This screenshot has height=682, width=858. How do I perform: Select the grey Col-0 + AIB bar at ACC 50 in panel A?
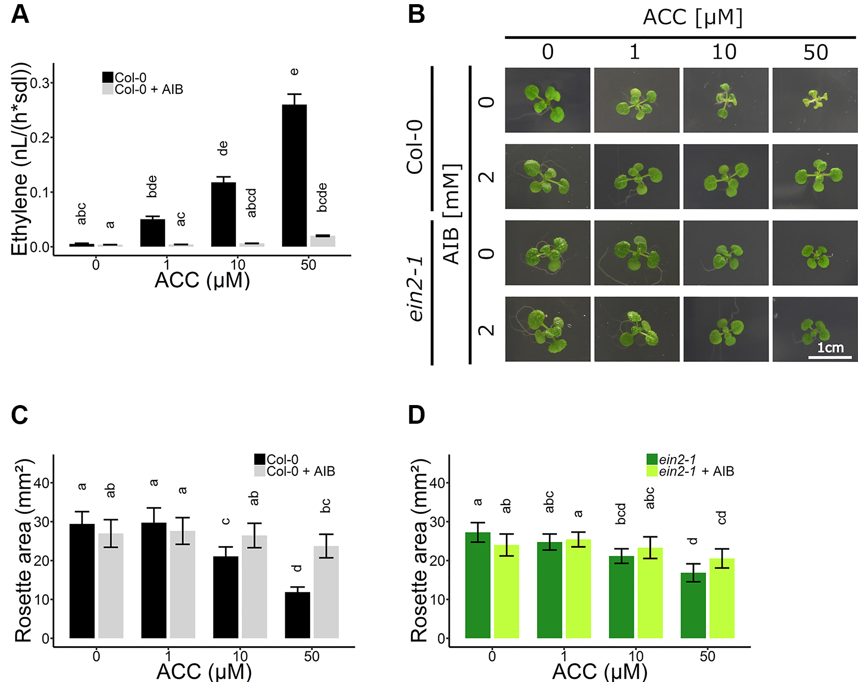pyautogui.click(x=323, y=241)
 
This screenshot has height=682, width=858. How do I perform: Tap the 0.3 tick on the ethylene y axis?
pyautogui.click(x=40, y=83)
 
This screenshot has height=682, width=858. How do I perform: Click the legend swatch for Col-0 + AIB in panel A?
pyautogui.click(x=107, y=89)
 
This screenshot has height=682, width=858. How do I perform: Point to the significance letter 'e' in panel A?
pyautogui.click(x=294, y=72)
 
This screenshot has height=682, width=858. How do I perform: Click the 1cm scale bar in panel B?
pyautogui.click(x=830, y=357)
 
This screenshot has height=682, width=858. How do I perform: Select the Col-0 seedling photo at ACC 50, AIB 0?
pyautogui.click(x=814, y=100)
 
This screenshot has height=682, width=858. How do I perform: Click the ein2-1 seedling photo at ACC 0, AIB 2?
pyautogui.click(x=547, y=329)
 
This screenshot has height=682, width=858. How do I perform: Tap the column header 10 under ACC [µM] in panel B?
pyautogui.click(x=724, y=52)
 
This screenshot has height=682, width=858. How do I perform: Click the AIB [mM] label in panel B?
pyautogui.click(x=451, y=214)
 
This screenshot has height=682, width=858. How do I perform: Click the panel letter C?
pyautogui.click(x=20, y=415)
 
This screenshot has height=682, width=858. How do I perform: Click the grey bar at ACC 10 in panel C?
pyautogui.click(x=254, y=587)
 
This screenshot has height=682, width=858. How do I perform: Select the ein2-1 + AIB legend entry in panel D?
pyautogui.click(x=690, y=471)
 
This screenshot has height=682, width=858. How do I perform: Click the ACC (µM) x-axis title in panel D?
pyautogui.click(x=600, y=672)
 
